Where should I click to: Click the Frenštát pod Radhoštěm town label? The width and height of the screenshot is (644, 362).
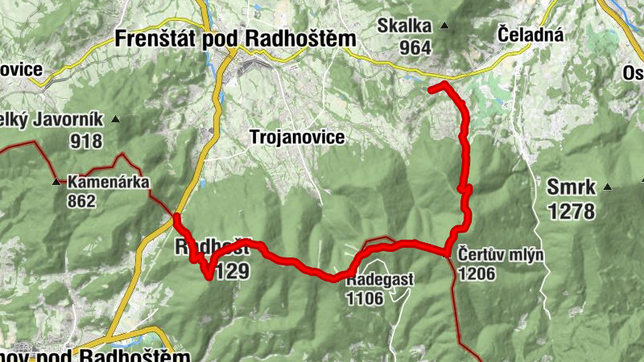[x=236, y=38]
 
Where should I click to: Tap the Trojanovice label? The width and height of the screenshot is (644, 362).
[x=297, y=138]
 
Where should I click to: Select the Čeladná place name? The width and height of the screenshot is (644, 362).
[x=530, y=35]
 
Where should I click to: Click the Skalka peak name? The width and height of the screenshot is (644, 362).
[x=405, y=26]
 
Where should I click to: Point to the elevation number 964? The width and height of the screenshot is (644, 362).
[x=415, y=47]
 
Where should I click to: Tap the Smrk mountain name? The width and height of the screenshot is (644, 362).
[x=571, y=188]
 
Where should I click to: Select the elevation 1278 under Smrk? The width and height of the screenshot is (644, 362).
[x=571, y=212]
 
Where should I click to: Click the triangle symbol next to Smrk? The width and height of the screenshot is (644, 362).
[x=607, y=188]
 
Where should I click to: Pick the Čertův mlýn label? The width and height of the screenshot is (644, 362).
[x=501, y=257]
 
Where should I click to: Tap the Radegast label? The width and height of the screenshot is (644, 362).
[x=380, y=279]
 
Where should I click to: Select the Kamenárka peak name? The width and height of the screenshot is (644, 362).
[x=109, y=182]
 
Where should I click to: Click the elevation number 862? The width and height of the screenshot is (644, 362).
[x=82, y=200]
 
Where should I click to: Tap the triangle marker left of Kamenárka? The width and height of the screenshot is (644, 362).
[x=56, y=183]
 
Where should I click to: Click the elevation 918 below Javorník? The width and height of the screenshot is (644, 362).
[x=86, y=142]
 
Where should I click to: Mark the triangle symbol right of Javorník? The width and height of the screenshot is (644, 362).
[x=116, y=120]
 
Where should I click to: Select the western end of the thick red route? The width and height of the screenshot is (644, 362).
[x=175, y=216]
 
